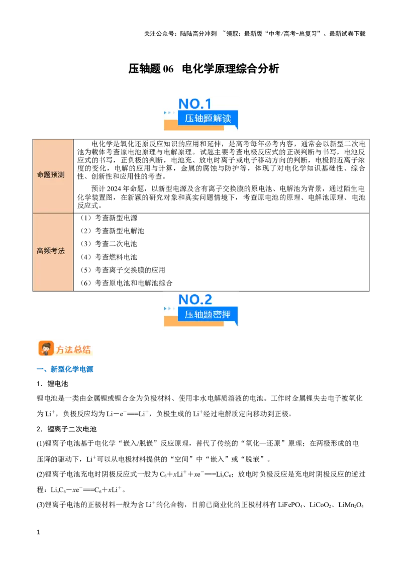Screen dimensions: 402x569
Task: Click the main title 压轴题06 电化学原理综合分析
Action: click(x=204, y=68)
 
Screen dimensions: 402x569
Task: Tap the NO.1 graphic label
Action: click(x=195, y=104)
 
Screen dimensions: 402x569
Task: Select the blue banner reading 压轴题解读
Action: click(x=208, y=118)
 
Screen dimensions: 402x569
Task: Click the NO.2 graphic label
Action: click(x=195, y=300)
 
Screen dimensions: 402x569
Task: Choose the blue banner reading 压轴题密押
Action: click(x=208, y=314)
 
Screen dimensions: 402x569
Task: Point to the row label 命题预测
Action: click(x=51, y=175)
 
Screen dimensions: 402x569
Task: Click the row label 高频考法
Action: click(x=51, y=251)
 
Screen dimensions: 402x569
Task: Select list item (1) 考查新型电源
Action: click(x=109, y=218)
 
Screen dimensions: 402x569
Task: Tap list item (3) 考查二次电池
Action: click(x=109, y=244)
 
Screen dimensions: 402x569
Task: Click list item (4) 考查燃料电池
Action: click(x=109, y=257)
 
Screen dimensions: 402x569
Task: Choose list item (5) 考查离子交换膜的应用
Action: click(x=123, y=270)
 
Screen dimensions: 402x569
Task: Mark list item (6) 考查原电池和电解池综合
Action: click(x=126, y=283)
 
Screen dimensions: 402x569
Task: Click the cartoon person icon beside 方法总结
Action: click(x=46, y=348)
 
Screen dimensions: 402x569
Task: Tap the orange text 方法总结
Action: click(x=73, y=349)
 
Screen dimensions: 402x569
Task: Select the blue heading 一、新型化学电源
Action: click(x=65, y=369)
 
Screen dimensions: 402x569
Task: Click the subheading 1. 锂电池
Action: click(x=52, y=384)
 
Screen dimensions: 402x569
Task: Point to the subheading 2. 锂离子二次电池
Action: click(x=66, y=429)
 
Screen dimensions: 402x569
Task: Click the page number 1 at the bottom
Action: click(x=39, y=532)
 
